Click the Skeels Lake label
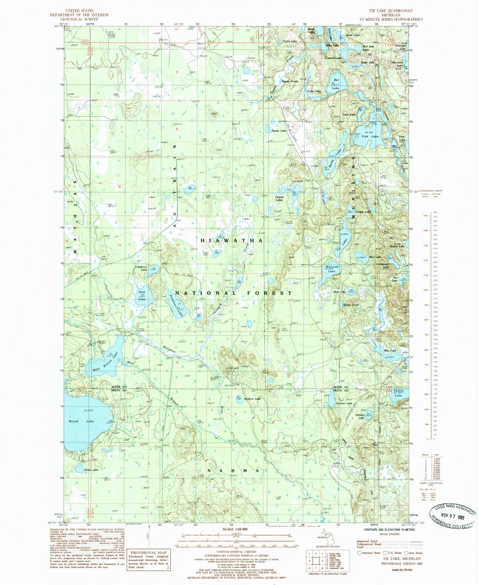[398, 393]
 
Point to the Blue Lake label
[390, 351]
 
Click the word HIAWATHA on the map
[231, 241]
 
